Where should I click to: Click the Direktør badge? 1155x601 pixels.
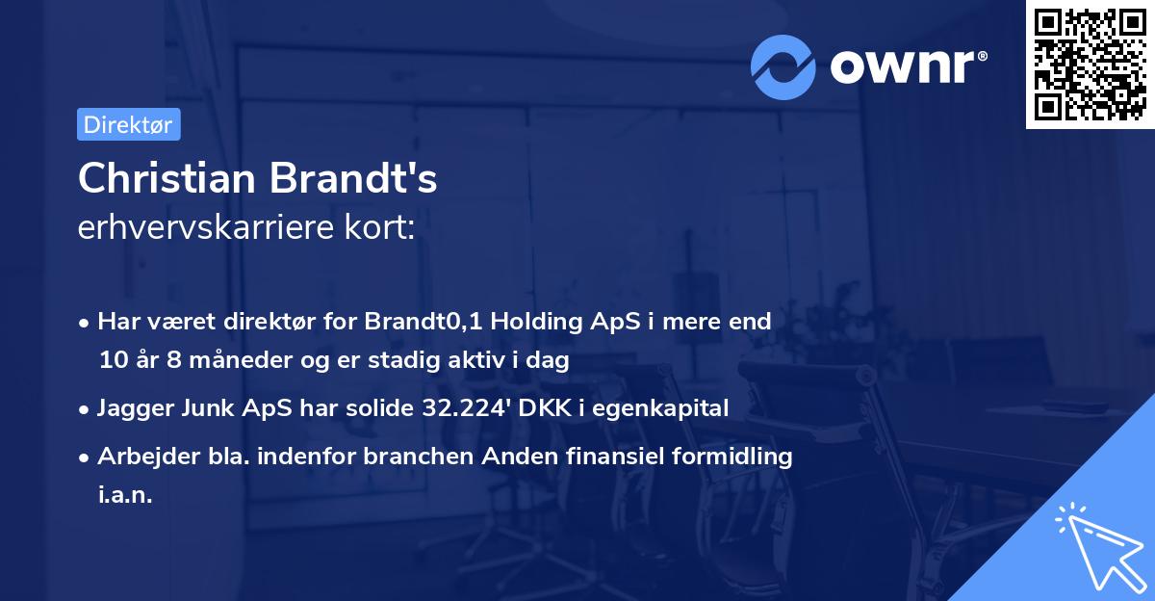(x=128, y=124)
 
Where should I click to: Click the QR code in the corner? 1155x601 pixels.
(x=1090, y=64)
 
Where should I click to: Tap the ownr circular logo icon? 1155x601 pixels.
(x=783, y=67)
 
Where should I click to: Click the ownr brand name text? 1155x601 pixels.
(x=906, y=65)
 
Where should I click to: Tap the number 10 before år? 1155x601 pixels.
(x=112, y=360)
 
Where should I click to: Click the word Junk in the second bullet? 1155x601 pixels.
(x=205, y=407)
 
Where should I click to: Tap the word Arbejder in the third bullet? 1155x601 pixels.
(x=142, y=456)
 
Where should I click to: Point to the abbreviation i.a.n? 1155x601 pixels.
(x=125, y=495)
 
